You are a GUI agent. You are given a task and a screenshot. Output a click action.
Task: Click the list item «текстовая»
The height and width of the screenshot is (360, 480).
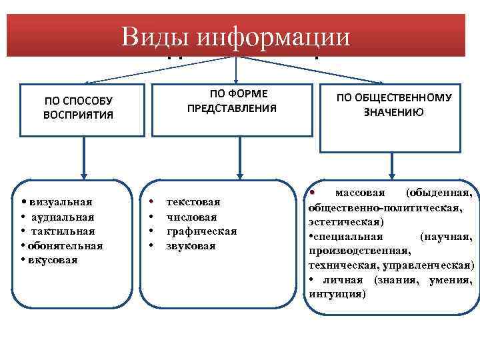point(193,201)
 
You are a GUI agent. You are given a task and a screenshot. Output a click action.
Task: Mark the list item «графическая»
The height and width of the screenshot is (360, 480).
point(201,231)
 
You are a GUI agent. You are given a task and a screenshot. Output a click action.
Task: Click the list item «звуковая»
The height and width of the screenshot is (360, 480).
point(191,245)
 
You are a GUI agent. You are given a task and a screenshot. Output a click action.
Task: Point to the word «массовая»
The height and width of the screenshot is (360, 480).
point(360,193)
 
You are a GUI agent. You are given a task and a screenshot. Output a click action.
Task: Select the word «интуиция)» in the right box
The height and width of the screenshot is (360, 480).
point(337,293)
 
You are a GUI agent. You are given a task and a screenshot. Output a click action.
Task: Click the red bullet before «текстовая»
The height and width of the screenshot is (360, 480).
point(152,201)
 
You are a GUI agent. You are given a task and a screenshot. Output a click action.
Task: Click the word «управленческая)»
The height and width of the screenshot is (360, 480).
point(434,265)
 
